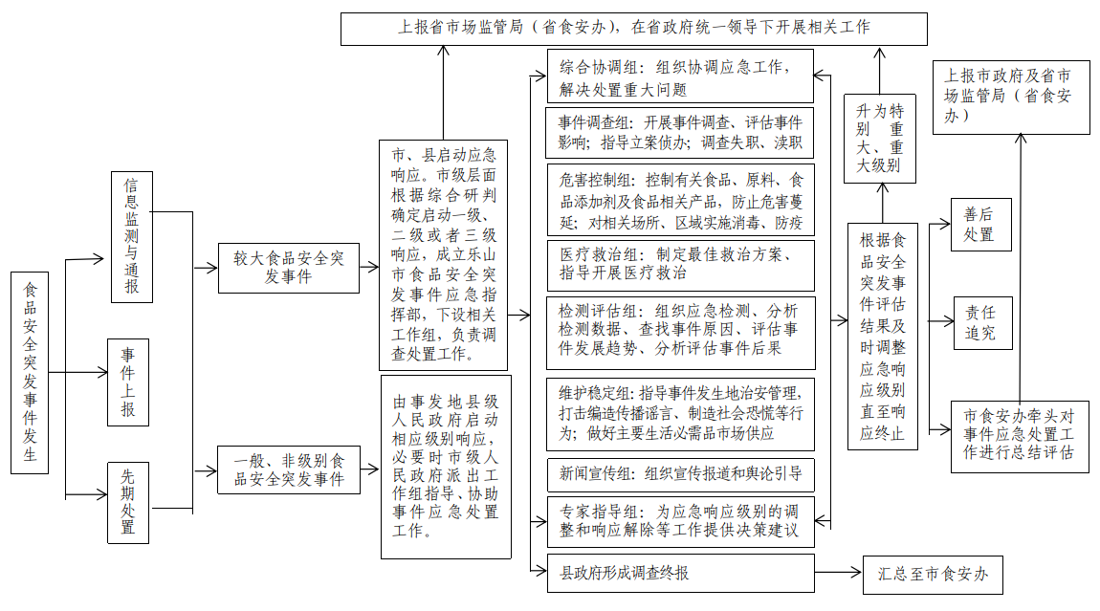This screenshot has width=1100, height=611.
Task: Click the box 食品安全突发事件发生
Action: pos(30,372)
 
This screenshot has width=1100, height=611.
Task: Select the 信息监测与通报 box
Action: pos(131,237)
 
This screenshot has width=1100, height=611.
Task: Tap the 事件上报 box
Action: pos(128,382)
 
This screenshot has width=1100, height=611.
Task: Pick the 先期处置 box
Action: pos(128,503)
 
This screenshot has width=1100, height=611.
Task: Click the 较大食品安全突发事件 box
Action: pos(288,267)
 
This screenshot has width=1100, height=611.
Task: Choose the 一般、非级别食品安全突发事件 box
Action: pos(288,469)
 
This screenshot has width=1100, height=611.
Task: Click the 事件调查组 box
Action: pos(681,133)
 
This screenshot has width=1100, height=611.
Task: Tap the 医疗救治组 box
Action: pos(681,265)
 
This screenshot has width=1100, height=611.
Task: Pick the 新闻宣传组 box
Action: pos(681,473)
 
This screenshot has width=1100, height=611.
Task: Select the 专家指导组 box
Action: pos(681,521)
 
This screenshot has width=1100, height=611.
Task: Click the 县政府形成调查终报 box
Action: pos(681,573)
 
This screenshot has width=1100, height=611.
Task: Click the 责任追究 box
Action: pos(980,322)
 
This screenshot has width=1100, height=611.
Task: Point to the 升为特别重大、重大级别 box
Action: pos(879,138)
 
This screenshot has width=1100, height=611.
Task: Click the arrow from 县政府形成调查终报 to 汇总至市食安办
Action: pos(838,574)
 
